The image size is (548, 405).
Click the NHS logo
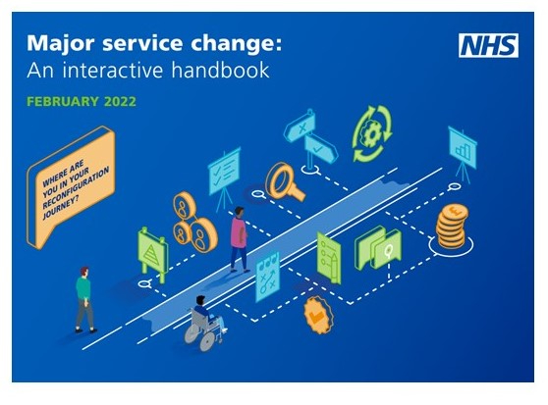point(488,46)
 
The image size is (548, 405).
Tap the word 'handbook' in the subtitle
point(221,70)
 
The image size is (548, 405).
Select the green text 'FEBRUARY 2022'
point(82,102)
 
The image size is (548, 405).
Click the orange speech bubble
point(71,187)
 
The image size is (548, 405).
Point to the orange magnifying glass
point(284,181)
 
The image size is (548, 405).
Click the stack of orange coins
point(452,226)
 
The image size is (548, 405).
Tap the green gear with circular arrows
point(372,134)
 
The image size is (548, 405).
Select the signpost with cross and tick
point(310,140)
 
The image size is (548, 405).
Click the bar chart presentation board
point(463,152)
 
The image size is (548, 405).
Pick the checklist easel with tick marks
point(224,177)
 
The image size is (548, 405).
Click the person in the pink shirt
point(239,239)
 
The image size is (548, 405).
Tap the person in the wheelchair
point(204,323)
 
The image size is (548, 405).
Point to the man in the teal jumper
point(84,300)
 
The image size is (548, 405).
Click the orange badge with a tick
point(318,316)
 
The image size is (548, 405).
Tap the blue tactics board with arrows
point(267,277)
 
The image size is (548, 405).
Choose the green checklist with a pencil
point(329,257)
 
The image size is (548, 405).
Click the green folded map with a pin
point(377,248)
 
